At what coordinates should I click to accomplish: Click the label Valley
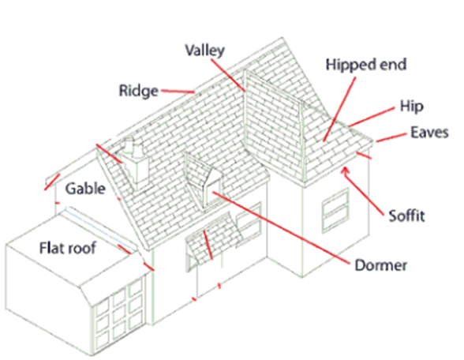tap(205, 51)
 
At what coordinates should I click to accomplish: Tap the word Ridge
tap(139, 91)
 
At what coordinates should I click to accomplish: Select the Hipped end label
tap(366, 65)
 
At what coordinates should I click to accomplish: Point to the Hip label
tap(411, 107)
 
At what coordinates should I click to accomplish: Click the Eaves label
tap(429, 133)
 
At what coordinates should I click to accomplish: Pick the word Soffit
tap(406, 216)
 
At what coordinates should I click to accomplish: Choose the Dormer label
tap(381, 265)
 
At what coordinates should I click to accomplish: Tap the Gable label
tap(85, 189)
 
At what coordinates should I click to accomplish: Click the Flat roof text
tap(68, 248)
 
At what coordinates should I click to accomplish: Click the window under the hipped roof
tap(335, 211)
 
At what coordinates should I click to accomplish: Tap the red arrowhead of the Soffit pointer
tap(345, 171)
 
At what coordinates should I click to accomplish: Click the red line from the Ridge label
tap(178, 92)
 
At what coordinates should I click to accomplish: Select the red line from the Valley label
tap(228, 75)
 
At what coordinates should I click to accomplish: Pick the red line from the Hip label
tap(372, 117)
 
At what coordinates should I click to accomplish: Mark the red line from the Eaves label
tap(391, 137)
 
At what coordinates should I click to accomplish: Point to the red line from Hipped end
tap(339, 109)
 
